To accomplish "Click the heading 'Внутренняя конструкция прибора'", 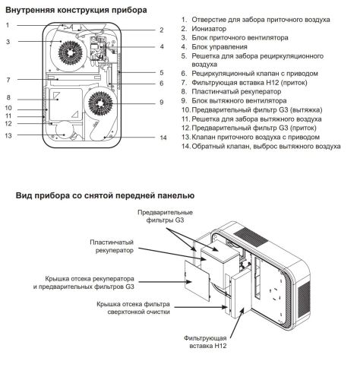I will [76, 10].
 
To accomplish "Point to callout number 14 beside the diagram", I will [163, 138].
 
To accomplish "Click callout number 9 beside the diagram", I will [161, 102].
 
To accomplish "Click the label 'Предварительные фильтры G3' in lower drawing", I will [166, 216].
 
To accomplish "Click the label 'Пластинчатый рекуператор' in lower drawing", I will [112, 249].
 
